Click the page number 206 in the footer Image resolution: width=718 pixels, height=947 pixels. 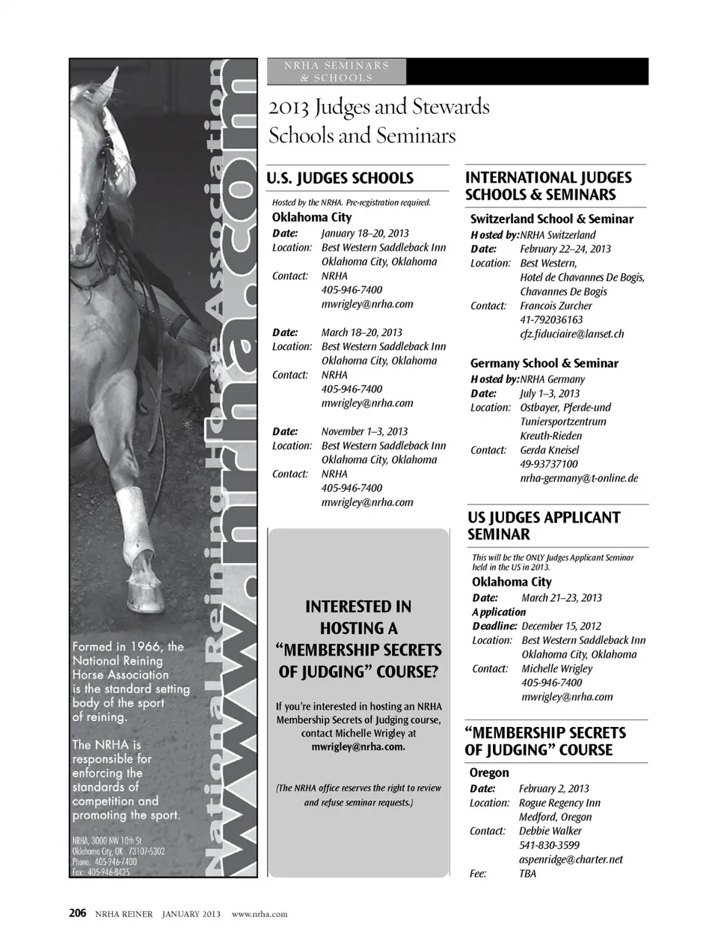tap(78, 913)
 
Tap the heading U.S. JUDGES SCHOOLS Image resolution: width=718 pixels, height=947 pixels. tap(340, 178)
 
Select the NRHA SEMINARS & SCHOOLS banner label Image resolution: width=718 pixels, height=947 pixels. tap(337, 72)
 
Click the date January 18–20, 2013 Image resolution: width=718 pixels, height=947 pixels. tap(365, 233)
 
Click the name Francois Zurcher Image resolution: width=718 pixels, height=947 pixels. tap(556, 305)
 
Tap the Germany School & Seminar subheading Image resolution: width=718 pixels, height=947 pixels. tap(544, 363)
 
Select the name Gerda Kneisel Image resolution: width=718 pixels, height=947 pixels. tap(549, 450)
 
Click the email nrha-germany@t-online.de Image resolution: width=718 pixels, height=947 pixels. tap(579, 478)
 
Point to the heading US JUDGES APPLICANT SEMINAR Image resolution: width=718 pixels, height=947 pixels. tap(544, 526)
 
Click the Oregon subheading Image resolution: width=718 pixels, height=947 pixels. tap(489, 773)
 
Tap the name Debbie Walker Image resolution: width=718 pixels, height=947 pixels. tap(550, 831)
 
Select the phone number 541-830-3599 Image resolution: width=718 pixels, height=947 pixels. tap(549, 845)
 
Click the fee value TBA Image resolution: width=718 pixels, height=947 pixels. tap(527, 874)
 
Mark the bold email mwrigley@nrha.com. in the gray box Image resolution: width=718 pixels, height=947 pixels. tap(358, 747)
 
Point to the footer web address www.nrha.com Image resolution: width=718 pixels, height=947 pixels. tap(260, 914)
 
